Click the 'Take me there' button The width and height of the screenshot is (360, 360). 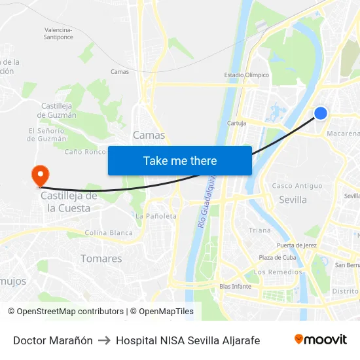180,160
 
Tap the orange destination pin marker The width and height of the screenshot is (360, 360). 41,175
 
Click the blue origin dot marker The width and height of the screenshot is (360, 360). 320,113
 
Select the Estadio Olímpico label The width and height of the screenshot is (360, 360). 247,75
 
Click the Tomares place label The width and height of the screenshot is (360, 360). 101,259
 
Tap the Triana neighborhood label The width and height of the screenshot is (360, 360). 260,230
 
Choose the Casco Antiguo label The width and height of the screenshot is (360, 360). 297,186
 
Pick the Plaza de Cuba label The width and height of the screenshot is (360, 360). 277,257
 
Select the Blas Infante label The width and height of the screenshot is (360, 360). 235,286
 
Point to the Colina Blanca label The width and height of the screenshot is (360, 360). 109,233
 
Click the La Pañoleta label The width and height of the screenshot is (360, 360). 156,216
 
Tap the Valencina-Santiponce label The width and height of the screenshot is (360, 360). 58,33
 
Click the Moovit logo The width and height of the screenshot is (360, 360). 321,340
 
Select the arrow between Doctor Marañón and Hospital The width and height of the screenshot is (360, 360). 104,340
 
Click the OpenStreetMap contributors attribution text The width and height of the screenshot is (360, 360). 70,312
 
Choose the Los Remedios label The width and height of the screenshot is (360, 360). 278,272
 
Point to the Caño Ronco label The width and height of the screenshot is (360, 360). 85,152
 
